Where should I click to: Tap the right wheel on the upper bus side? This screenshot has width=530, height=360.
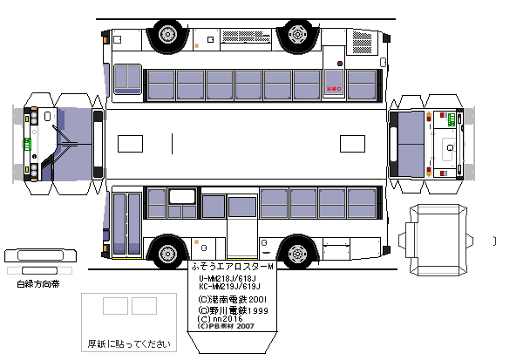[x=298, y=36]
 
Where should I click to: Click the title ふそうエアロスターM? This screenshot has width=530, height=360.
[x=231, y=265]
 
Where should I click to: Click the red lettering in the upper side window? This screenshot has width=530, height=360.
[x=332, y=88]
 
